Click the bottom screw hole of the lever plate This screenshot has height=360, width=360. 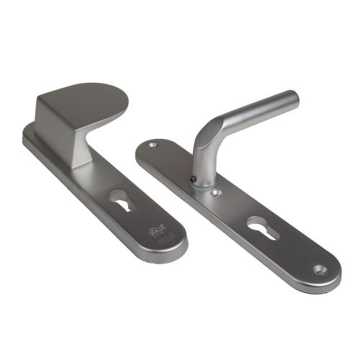[x=320, y=270]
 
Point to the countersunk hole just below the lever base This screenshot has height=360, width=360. [x=215, y=193]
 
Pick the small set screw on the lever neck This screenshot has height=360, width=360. [x=192, y=180]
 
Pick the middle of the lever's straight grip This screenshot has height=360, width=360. [x=252, y=112]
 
